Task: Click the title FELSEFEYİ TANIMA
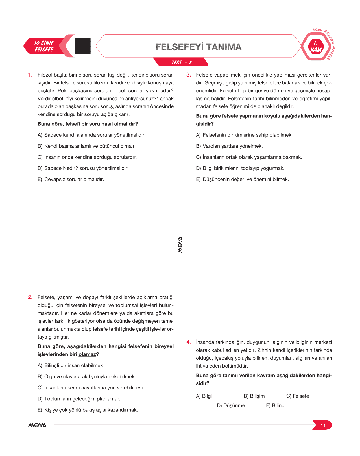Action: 198,47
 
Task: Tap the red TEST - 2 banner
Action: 181,62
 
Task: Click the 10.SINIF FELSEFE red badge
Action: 44,46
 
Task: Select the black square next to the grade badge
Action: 83,46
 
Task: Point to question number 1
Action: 30,75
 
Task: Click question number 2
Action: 30,297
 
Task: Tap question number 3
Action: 189,75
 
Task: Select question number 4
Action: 189,342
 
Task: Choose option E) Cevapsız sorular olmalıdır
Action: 71,179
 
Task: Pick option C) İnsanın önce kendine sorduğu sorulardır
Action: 87,157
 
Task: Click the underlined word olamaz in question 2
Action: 87,354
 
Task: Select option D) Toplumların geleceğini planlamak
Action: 79,399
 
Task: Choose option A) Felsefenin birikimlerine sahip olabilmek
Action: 244,135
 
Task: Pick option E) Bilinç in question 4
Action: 275,405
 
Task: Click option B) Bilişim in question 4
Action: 254,396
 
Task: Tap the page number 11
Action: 323,426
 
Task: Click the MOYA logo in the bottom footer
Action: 37,425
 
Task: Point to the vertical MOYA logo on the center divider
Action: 180,245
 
